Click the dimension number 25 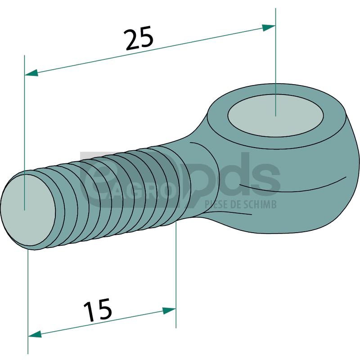pos(139,39)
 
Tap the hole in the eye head pos(275,115)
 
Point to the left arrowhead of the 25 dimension pos(31,72)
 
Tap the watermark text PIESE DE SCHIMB pos(240,204)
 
